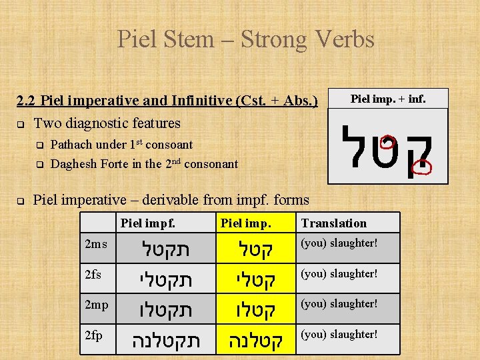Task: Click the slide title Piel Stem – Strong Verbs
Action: click(x=245, y=39)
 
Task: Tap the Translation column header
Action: click(x=334, y=223)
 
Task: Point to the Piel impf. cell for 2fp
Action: click(x=165, y=341)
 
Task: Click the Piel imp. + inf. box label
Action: click(x=388, y=99)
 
